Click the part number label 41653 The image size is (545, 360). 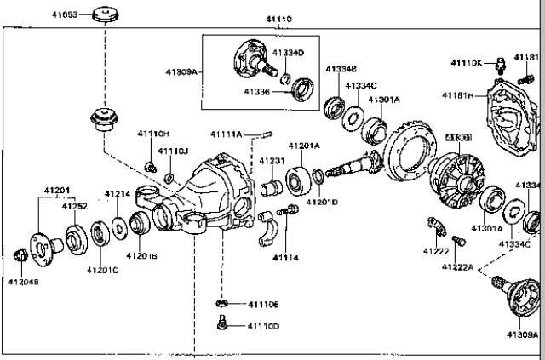[61, 15]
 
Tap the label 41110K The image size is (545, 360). [466, 63]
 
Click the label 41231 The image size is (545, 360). [272, 161]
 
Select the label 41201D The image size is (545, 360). [323, 202]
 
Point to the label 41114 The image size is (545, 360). [286, 257]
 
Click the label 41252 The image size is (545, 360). [74, 206]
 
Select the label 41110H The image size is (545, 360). [153, 134]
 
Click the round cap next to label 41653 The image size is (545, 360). [106, 14]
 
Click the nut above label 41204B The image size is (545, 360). [22, 254]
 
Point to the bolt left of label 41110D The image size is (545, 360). [220, 322]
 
